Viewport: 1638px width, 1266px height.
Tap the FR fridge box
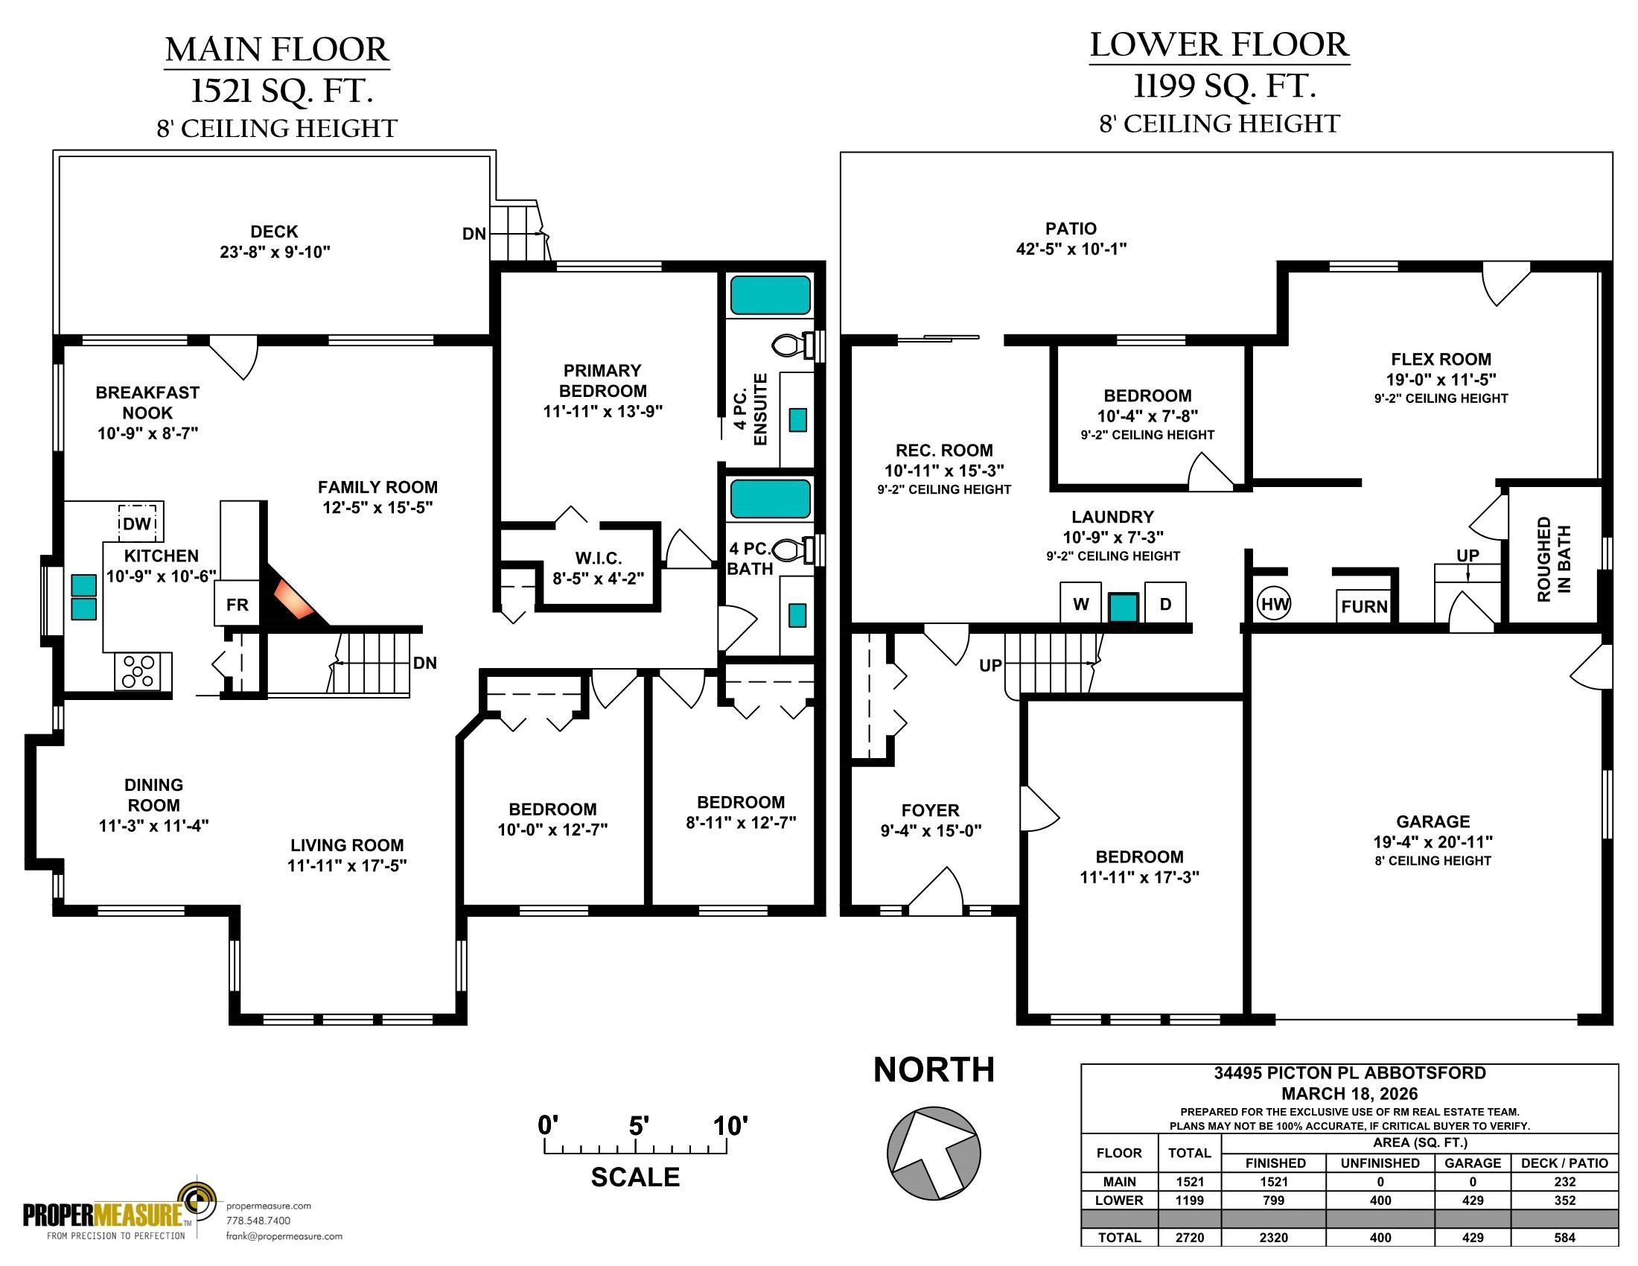click(x=237, y=604)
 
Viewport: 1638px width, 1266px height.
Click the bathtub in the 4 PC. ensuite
click(x=771, y=295)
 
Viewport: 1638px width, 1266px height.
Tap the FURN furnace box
click(x=1364, y=606)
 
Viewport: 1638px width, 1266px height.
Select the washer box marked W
click(x=1081, y=603)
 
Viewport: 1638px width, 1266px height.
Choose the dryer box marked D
click(x=1165, y=603)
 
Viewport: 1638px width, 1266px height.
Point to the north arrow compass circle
click(x=934, y=1154)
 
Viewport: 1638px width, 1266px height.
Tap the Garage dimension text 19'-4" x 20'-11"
click(x=1433, y=842)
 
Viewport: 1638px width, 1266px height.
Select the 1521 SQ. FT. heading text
click(x=281, y=92)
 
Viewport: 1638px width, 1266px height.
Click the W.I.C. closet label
click(x=599, y=558)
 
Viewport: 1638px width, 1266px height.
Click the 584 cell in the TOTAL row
click(x=1564, y=1238)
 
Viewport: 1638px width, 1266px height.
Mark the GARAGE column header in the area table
click(x=1473, y=1162)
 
